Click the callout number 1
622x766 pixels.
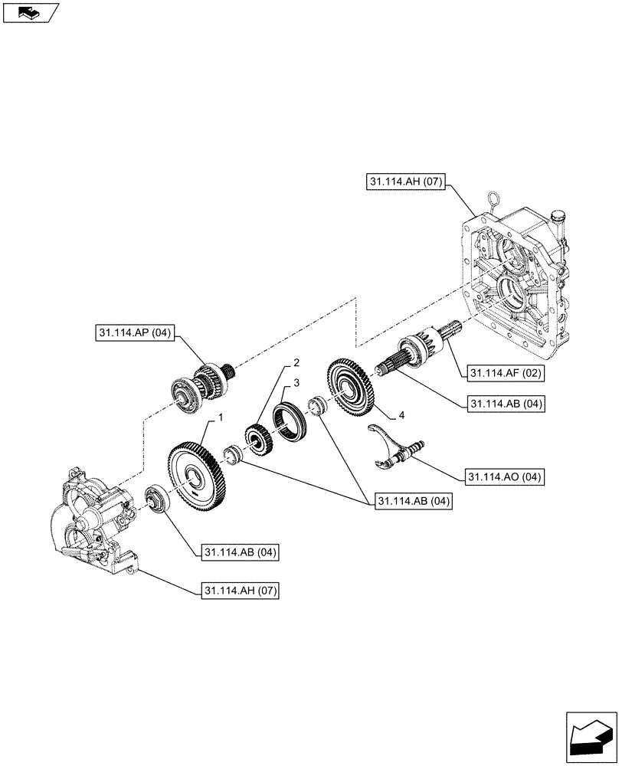(x=221, y=417)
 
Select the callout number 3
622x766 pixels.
(x=295, y=381)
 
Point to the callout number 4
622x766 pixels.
(x=401, y=416)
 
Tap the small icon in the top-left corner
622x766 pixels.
(x=30, y=12)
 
